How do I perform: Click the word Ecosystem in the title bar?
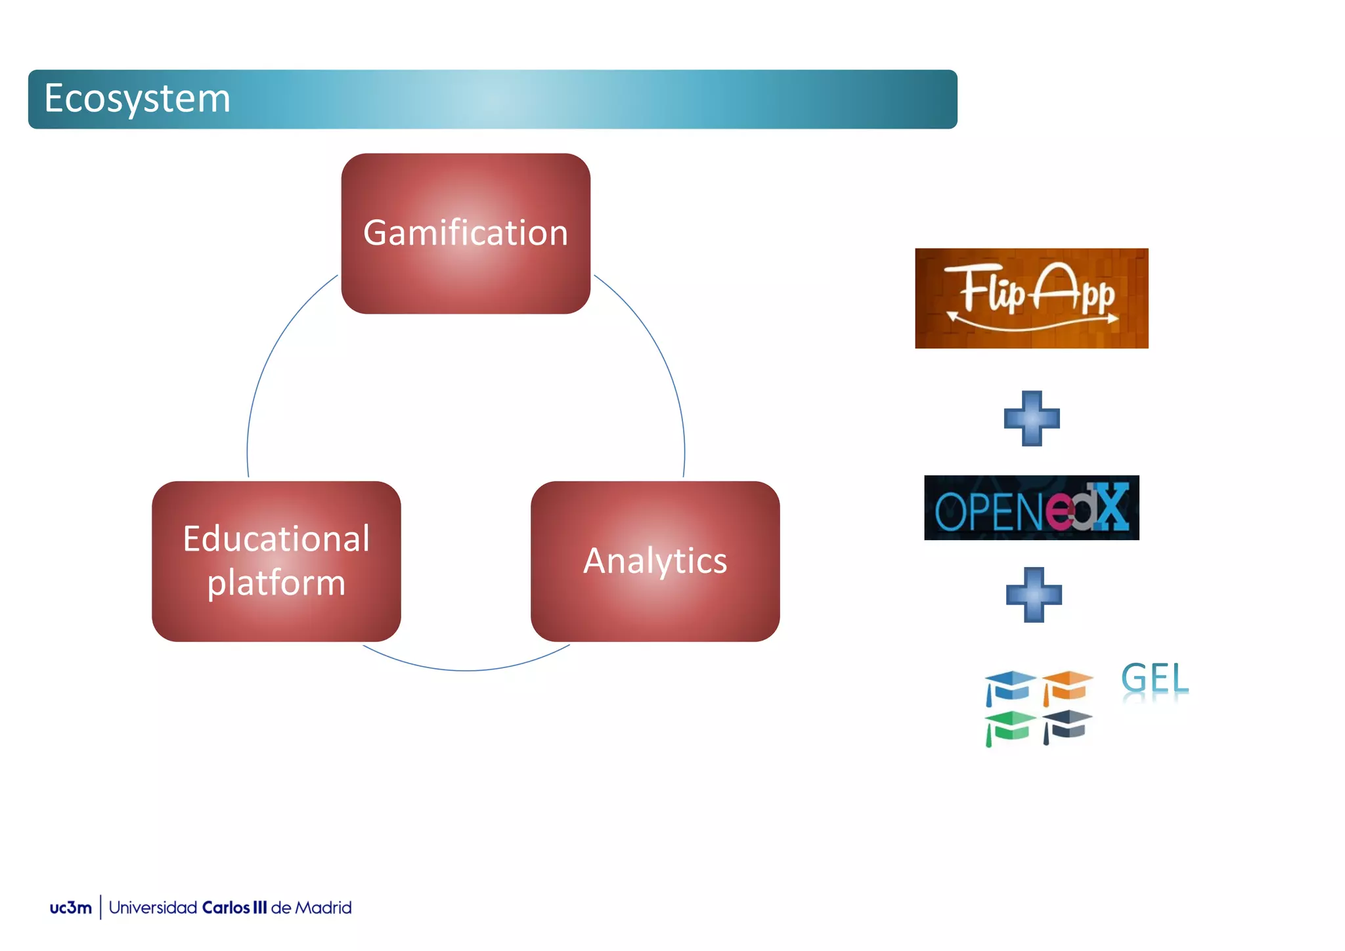pos(137,99)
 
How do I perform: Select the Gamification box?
pos(466,234)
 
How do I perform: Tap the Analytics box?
pos(655,562)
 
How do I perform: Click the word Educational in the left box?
pos(276,539)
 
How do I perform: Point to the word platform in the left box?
pos(276,583)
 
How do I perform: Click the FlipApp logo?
pos(1031,298)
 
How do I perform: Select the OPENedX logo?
pos(1031,508)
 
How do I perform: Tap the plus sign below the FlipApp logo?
pos(1032,419)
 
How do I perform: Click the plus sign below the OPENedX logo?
pos(1034,595)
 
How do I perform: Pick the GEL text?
pos(1155,678)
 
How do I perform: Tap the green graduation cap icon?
pos(1009,727)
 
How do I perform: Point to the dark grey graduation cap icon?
pos(1067,726)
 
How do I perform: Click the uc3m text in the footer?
pos(70,908)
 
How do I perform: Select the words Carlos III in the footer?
pos(234,908)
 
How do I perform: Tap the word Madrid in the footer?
pos(323,908)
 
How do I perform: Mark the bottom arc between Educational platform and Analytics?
pos(466,670)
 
